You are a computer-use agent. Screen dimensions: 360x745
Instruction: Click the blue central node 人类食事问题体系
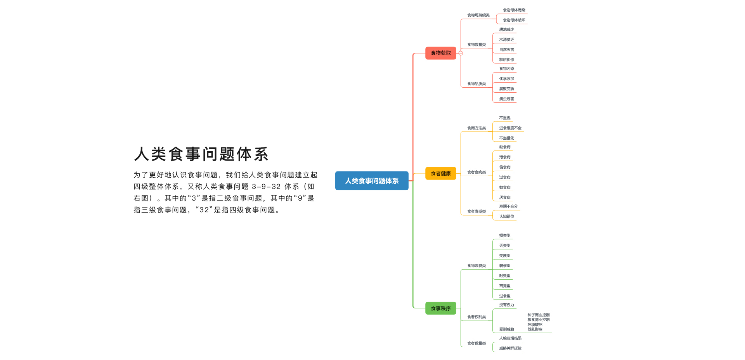(x=372, y=181)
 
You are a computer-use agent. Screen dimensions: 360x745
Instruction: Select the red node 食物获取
(x=441, y=53)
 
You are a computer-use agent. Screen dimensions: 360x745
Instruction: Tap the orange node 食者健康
(x=441, y=173)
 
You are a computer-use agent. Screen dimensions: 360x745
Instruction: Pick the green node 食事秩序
(x=441, y=308)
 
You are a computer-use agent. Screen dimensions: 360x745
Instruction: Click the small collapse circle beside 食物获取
(x=461, y=53)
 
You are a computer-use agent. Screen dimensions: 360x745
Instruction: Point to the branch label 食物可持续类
(x=478, y=15)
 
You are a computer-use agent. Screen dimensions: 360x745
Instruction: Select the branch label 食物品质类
(x=476, y=84)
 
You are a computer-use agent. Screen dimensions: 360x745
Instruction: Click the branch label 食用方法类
(x=476, y=128)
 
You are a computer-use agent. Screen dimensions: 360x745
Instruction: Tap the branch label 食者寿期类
(x=476, y=211)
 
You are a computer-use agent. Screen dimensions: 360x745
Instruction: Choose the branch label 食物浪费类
(x=476, y=266)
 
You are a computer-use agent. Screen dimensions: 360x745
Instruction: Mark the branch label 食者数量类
(x=476, y=343)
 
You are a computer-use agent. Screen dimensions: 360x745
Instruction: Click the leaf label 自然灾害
(x=506, y=50)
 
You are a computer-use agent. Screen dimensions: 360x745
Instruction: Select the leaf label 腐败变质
(x=506, y=89)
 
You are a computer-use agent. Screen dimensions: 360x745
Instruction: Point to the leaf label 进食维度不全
(x=510, y=128)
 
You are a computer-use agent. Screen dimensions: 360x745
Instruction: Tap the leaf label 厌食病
(x=505, y=197)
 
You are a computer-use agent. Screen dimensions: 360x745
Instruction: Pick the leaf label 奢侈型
(x=505, y=266)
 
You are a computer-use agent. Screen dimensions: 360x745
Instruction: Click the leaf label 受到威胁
(x=506, y=329)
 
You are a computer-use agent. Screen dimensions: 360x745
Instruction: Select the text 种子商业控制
(x=538, y=315)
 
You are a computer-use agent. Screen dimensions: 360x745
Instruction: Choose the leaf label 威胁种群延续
(x=510, y=348)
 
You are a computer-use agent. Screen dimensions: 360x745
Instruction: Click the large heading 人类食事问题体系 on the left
(x=201, y=154)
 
